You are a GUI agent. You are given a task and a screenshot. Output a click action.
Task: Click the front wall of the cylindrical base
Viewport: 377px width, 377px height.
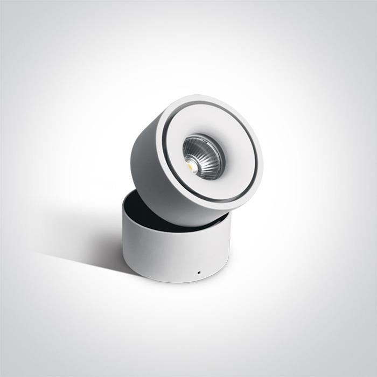pyautogui.click(x=172, y=253)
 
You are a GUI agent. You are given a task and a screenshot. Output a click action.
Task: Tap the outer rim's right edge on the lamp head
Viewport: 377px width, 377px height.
pyautogui.click(x=260, y=156)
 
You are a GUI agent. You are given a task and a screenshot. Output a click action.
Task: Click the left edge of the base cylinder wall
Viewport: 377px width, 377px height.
pyautogui.click(x=124, y=237)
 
